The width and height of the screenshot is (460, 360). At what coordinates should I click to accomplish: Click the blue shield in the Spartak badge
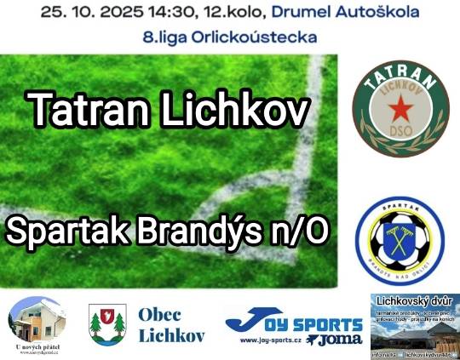(x=400, y=243)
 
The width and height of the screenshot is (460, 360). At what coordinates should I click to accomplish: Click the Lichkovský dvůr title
(x=415, y=301)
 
